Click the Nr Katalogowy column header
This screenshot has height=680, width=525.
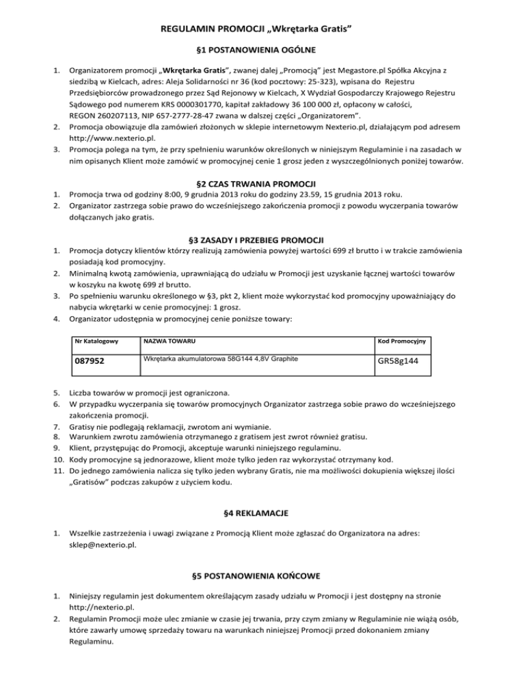(x=96, y=341)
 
